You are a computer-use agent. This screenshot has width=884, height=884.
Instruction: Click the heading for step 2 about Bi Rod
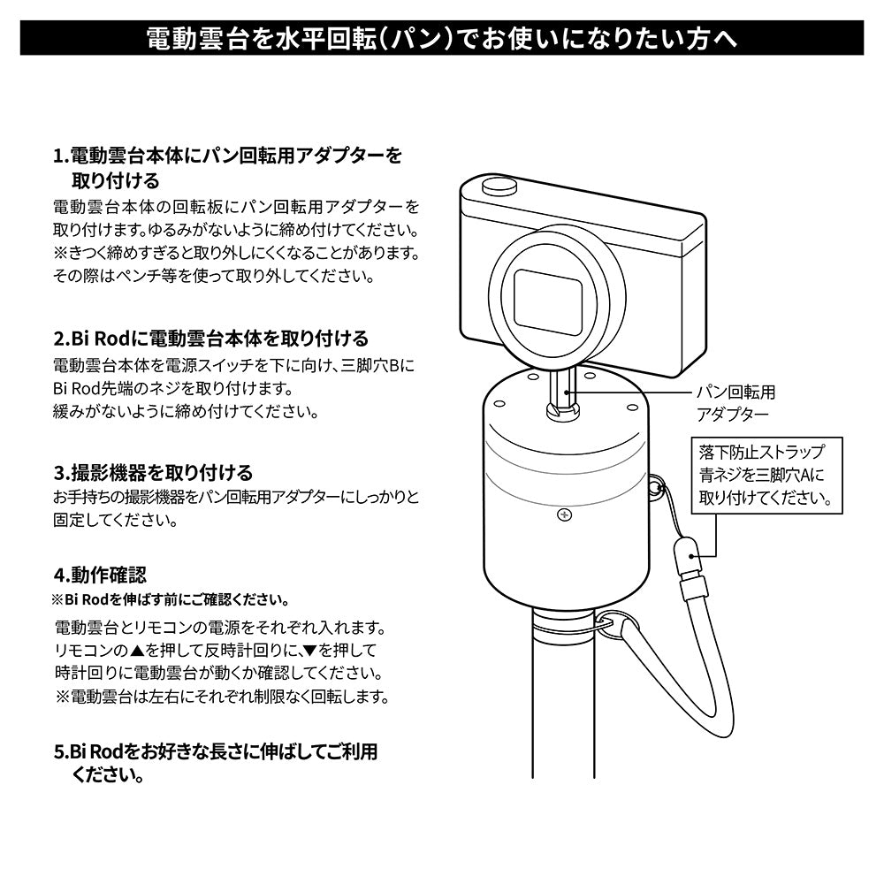point(211,339)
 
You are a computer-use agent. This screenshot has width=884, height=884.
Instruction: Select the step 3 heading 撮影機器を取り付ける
point(154,472)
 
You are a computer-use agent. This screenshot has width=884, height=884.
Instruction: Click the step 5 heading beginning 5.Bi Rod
point(216,751)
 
